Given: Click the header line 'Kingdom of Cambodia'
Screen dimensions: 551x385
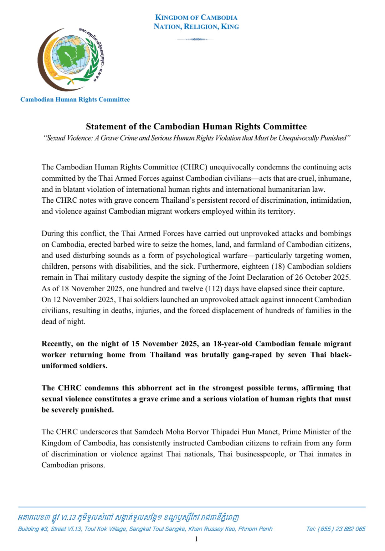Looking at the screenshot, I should click(x=196, y=18).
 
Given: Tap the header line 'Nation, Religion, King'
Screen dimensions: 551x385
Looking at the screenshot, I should click(x=196, y=27).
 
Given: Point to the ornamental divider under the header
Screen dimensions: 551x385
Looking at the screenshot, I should click(x=196, y=39).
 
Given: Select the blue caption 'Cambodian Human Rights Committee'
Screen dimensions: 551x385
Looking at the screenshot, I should click(x=75, y=100).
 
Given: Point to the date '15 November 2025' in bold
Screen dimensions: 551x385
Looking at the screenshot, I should click(x=165, y=344).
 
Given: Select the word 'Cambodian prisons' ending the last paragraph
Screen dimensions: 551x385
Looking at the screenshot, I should click(x=73, y=465).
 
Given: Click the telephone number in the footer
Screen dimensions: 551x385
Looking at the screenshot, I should click(x=336, y=529).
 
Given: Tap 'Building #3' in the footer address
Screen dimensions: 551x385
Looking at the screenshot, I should click(x=33, y=529).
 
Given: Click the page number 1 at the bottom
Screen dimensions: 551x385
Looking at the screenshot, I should click(x=196, y=539).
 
